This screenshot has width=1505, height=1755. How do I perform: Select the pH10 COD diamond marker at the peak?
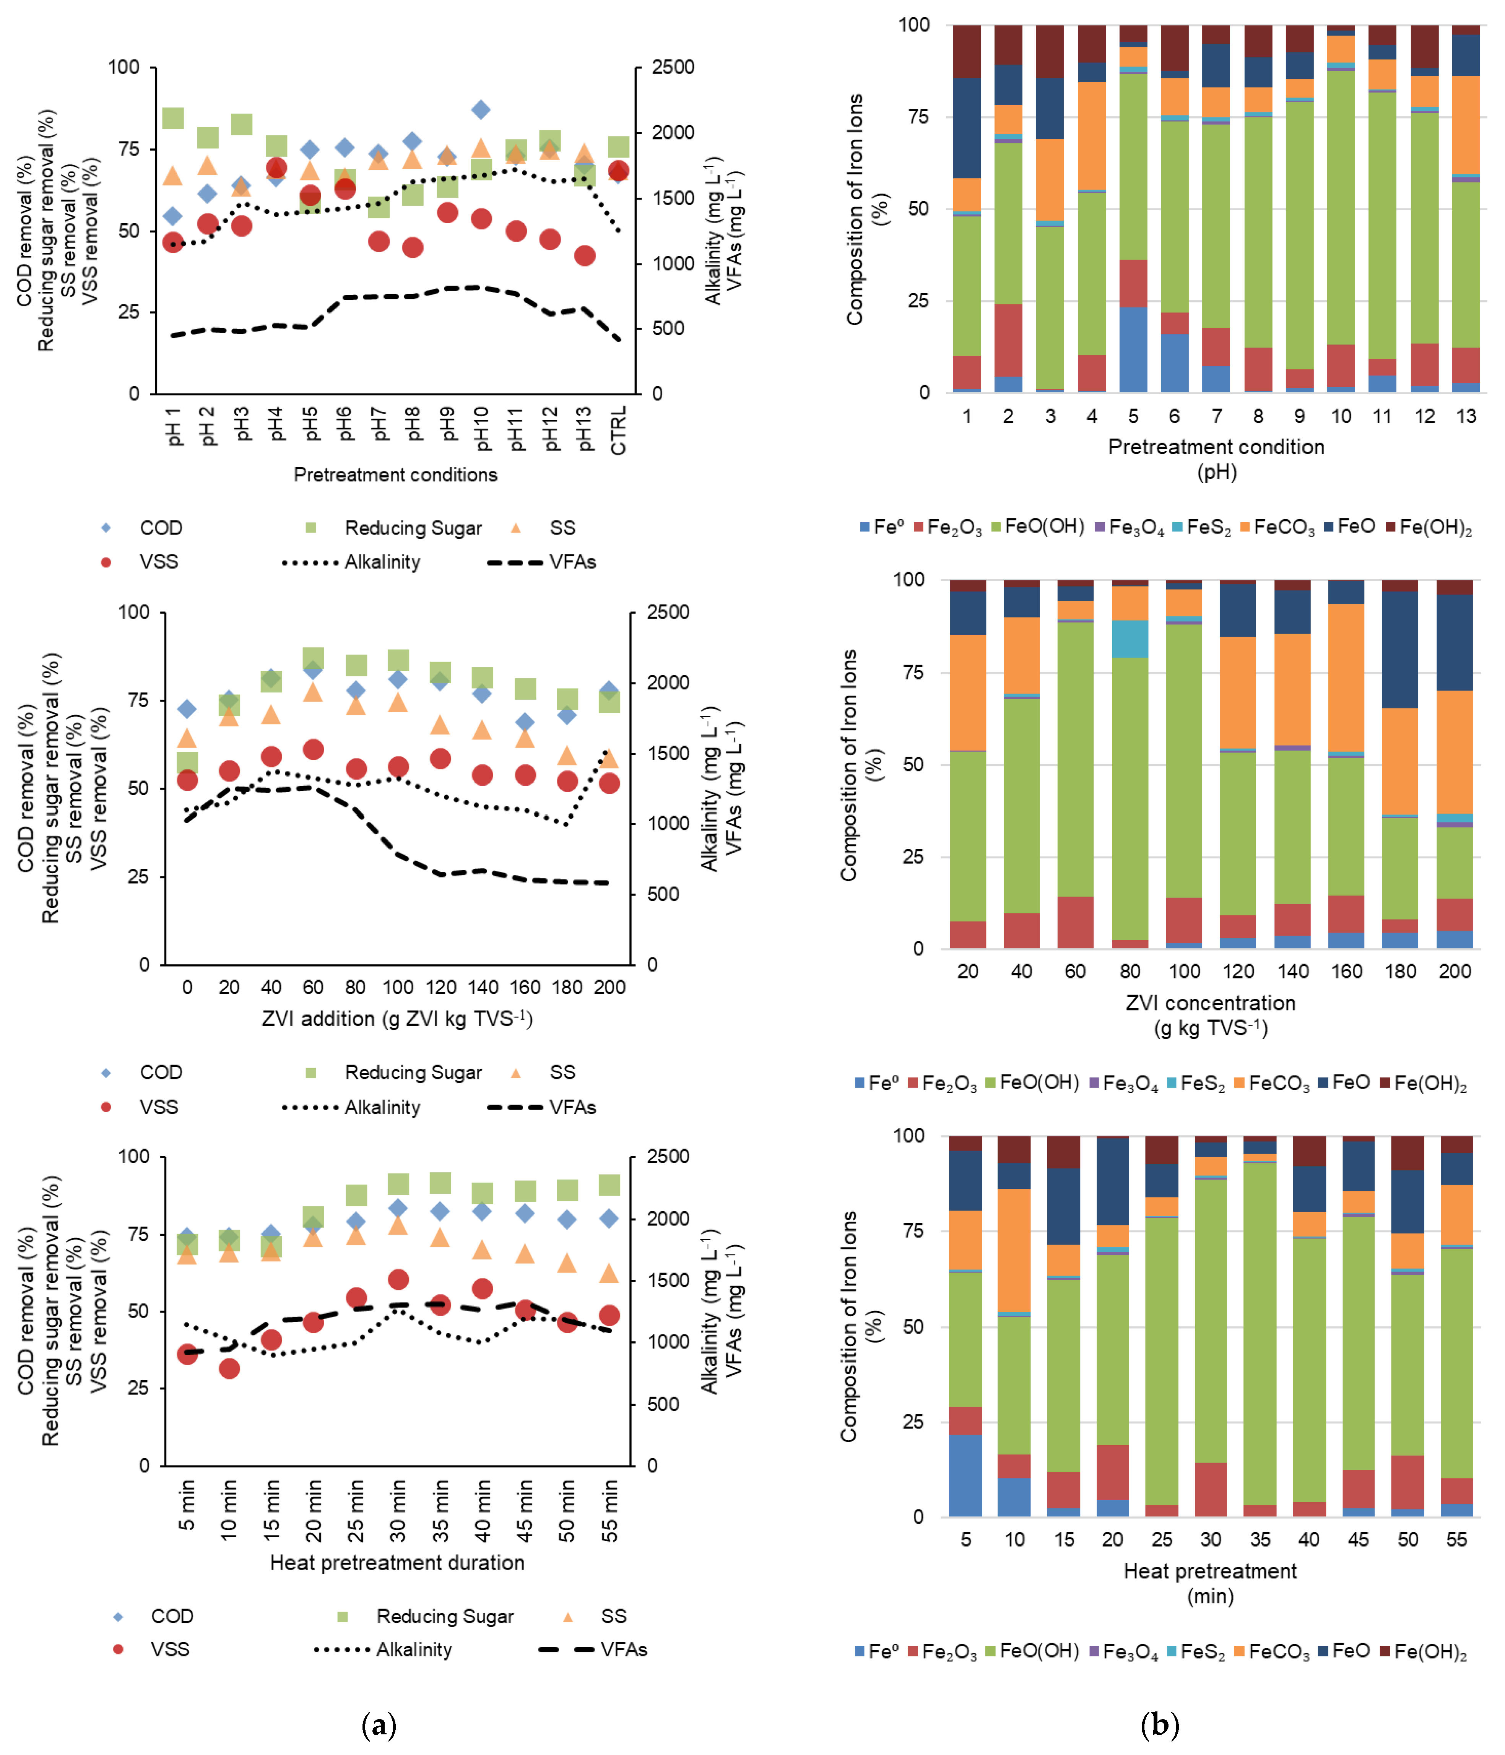coord(481,109)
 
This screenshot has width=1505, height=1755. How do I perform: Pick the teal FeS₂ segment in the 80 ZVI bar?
coord(1130,639)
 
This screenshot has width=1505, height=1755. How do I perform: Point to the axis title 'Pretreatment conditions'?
coord(395,474)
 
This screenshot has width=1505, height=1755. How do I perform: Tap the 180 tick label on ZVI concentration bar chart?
coord(1400,972)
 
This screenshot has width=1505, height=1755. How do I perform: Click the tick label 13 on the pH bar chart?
coord(1465,416)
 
